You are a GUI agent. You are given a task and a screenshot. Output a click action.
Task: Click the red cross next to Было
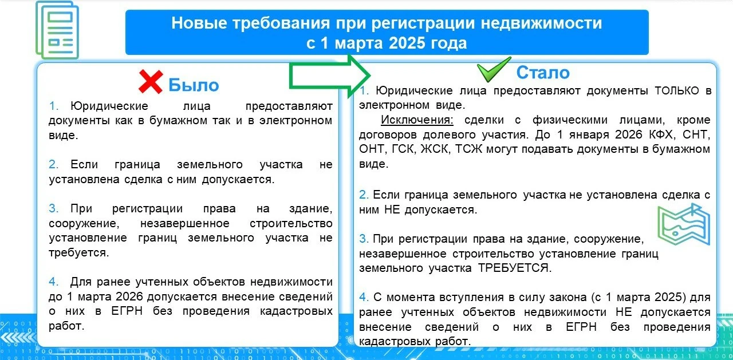(151, 82)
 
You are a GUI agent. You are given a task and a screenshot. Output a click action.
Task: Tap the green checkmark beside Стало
(494, 69)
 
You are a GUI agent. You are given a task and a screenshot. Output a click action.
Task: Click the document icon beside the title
(57, 30)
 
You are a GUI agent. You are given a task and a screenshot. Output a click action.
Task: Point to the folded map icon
(684, 224)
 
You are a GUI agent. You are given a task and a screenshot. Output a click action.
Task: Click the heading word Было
(194, 85)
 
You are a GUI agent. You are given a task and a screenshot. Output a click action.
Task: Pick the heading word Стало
(543, 73)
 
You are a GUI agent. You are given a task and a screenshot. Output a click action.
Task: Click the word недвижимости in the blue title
(541, 23)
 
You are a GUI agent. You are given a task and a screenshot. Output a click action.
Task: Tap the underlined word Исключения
(417, 120)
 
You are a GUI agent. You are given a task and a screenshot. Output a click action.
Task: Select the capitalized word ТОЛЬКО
(677, 90)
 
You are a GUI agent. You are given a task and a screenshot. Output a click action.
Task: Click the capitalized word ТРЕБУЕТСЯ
(515, 268)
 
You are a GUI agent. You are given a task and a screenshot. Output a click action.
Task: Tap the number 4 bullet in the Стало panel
(364, 297)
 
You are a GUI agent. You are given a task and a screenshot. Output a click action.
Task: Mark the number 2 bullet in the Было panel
(53, 164)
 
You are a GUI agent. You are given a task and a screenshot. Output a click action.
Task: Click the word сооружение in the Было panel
(84, 224)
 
